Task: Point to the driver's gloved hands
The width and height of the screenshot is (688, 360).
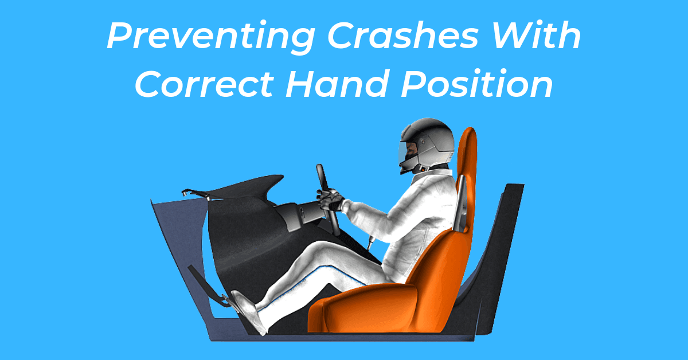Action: [331, 199]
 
